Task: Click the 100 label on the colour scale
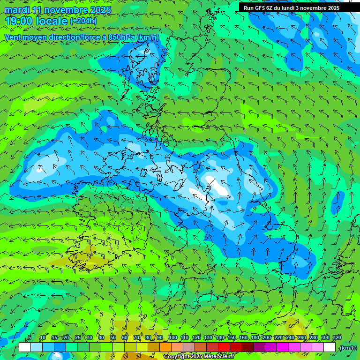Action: [x=173, y=337]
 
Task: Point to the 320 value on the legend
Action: [x=337, y=337]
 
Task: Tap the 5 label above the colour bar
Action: [x=30, y=337]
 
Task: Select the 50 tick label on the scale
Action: [x=113, y=337]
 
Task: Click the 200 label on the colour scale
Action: [x=267, y=337]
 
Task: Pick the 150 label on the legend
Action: [x=232, y=337]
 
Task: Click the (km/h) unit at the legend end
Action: [x=348, y=348]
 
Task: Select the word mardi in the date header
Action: [x=17, y=10]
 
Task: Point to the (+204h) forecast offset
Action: [x=83, y=21]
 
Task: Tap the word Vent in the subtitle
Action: [x=13, y=37]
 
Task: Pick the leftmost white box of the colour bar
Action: [x=25, y=347]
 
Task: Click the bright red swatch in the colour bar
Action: [x=224, y=347]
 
